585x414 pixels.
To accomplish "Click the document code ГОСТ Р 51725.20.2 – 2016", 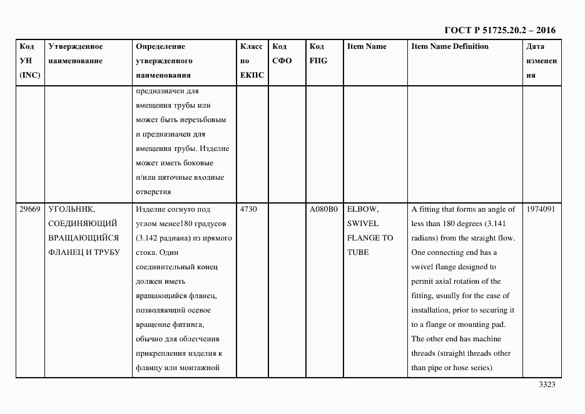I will click(499, 29).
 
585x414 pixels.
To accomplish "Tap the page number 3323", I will click(547, 385).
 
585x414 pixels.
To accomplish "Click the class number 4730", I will click(248, 209).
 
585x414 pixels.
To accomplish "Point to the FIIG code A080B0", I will click(323, 209).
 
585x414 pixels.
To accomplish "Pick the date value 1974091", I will click(541, 209).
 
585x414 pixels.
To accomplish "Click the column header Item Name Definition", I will click(450, 46).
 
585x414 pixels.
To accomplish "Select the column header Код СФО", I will click(282, 54).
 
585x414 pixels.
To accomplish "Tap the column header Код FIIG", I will click(318, 54).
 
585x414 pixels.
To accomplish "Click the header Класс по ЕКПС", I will click(252, 61).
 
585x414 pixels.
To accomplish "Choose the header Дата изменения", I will click(541, 61).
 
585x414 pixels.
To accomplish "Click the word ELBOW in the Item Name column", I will click(363, 209).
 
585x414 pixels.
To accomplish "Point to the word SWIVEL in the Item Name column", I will click(363, 224).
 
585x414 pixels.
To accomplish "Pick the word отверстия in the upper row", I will click(153, 192).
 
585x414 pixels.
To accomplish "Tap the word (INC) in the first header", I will click(29, 75).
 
